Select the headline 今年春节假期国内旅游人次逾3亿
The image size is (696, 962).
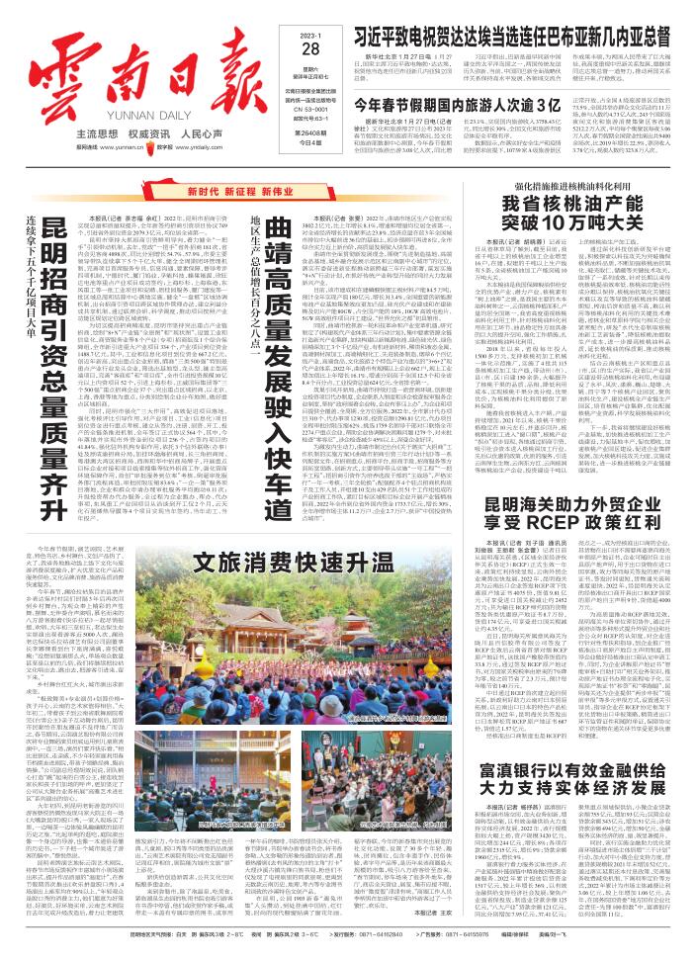[x=444, y=103]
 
